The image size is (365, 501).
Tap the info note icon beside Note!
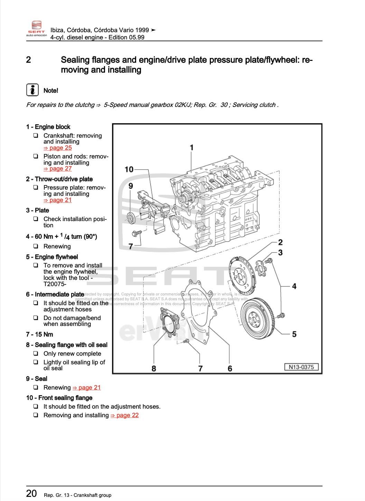[32, 90]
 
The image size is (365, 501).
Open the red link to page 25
[57, 148]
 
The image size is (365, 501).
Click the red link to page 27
[57, 168]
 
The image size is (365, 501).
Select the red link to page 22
[124, 415]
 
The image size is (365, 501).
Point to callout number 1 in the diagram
[191, 148]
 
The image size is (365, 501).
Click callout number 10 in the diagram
[129, 169]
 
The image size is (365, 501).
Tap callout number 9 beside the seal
[131, 186]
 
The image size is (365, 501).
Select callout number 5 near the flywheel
[294, 334]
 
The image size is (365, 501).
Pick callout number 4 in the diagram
[294, 286]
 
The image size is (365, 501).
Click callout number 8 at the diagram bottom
[154, 368]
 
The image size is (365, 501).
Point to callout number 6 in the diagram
[230, 368]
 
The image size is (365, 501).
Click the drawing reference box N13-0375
[301, 367]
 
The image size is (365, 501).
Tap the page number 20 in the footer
[31, 493]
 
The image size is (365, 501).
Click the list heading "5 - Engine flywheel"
[52, 257]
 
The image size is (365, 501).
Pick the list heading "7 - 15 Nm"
[39, 334]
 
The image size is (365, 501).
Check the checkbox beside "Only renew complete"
[36, 354]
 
